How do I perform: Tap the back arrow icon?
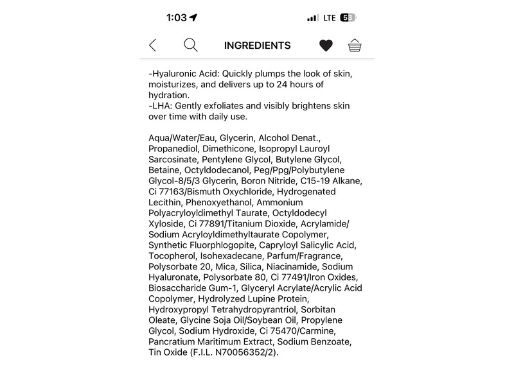tap(152, 46)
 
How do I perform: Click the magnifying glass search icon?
tap(191, 45)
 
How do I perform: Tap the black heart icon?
tap(326, 46)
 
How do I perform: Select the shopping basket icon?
tap(355, 46)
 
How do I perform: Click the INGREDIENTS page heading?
tap(257, 46)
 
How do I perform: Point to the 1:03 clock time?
tap(176, 18)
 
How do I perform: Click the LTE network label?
tap(330, 18)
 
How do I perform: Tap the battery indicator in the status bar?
tap(348, 18)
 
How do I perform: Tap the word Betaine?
tap(164, 170)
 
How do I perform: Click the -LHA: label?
tap(161, 105)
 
